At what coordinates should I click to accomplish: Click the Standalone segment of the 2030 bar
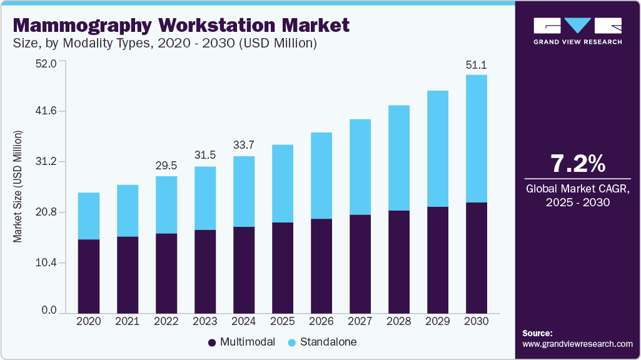tap(477, 139)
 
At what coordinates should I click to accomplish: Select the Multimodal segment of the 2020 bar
tap(89, 276)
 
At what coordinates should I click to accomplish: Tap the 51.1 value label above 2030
tap(477, 64)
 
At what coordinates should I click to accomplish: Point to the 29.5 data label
tap(166, 166)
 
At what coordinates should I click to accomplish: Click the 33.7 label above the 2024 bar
tap(244, 146)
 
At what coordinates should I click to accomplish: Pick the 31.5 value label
tap(205, 156)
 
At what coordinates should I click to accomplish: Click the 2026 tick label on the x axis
tap(321, 321)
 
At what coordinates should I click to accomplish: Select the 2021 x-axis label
tap(128, 321)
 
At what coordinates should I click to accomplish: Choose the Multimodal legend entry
tap(241, 342)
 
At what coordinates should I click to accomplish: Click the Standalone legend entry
tap(321, 342)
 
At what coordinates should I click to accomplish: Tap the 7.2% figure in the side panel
tap(577, 164)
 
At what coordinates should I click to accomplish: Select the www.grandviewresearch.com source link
tap(577, 344)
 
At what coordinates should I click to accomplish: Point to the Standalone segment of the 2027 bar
tap(360, 167)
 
